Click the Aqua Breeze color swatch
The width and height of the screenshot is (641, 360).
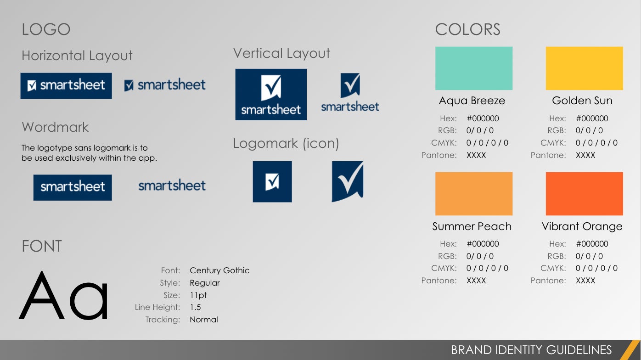[473, 68]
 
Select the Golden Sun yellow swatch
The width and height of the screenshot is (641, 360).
[585, 68]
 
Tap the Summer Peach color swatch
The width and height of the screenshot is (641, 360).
[473, 194]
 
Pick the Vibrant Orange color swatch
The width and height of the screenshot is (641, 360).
[585, 194]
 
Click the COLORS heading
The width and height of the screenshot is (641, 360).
[467, 29]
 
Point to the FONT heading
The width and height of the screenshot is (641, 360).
[42, 246]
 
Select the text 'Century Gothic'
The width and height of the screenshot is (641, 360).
[219, 270]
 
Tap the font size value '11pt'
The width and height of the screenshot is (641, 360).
[198, 295]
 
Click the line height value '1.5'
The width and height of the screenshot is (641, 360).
[196, 307]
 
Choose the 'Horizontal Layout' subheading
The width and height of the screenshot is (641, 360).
[77, 56]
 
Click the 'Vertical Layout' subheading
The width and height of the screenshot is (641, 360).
[281, 54]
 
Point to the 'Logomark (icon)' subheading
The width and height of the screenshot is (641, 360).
[286, 143]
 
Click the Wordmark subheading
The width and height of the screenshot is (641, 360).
[55, 127]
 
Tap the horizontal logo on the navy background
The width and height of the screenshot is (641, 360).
[66, 86]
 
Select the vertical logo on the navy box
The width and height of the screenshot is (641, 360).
[271, 95]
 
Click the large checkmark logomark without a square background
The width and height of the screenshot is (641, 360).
[348, 181]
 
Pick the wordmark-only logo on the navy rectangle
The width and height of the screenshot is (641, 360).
[73, 187]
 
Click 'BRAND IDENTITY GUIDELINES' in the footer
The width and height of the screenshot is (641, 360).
[531, 350]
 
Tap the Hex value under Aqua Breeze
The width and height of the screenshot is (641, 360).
[483, 118]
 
